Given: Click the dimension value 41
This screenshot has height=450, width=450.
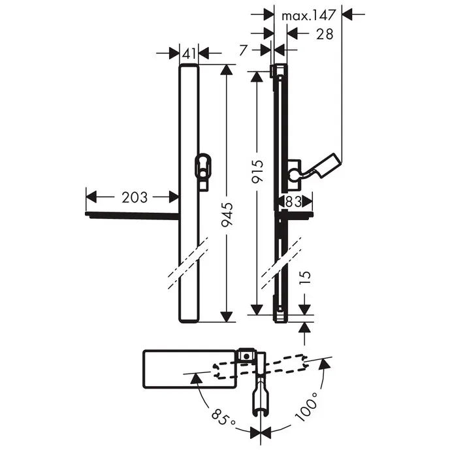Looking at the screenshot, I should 189,54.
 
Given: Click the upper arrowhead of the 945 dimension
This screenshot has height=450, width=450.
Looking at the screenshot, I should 227,70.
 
